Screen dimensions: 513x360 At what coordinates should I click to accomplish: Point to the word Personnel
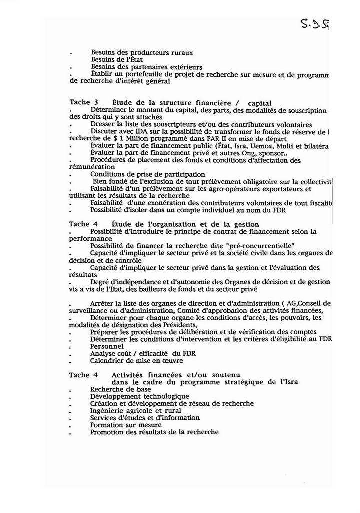pos(107,346)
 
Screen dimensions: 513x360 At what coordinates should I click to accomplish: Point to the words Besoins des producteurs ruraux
pos(142,52)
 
